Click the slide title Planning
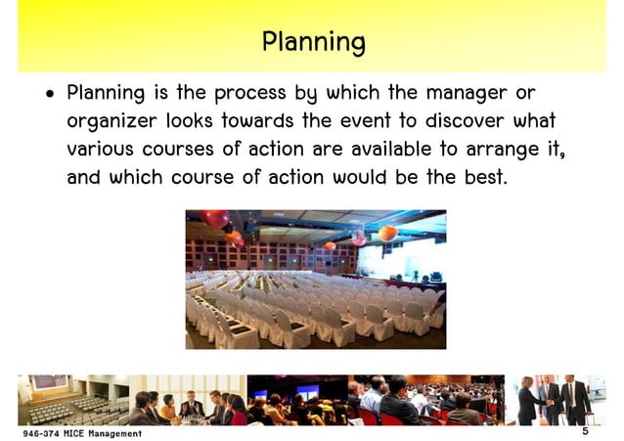click(x=313, y=42)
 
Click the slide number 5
click(x=584, y=431)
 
